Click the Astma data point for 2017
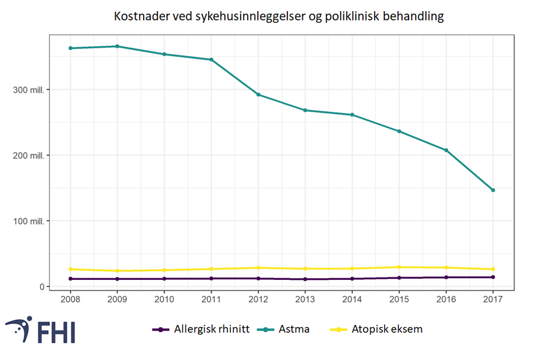pos(493,190)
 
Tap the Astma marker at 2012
pos(258,95)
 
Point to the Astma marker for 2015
pos(399,131)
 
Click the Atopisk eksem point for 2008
pos(70,269)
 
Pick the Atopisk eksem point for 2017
pos(493,269)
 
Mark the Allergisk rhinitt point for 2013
pos(305,279)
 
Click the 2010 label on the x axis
pos(164,299)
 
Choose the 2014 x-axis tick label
pos(352,299)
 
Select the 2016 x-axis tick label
pos(446,299)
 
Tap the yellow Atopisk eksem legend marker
pos(336,329)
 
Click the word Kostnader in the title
pos(139,16)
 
